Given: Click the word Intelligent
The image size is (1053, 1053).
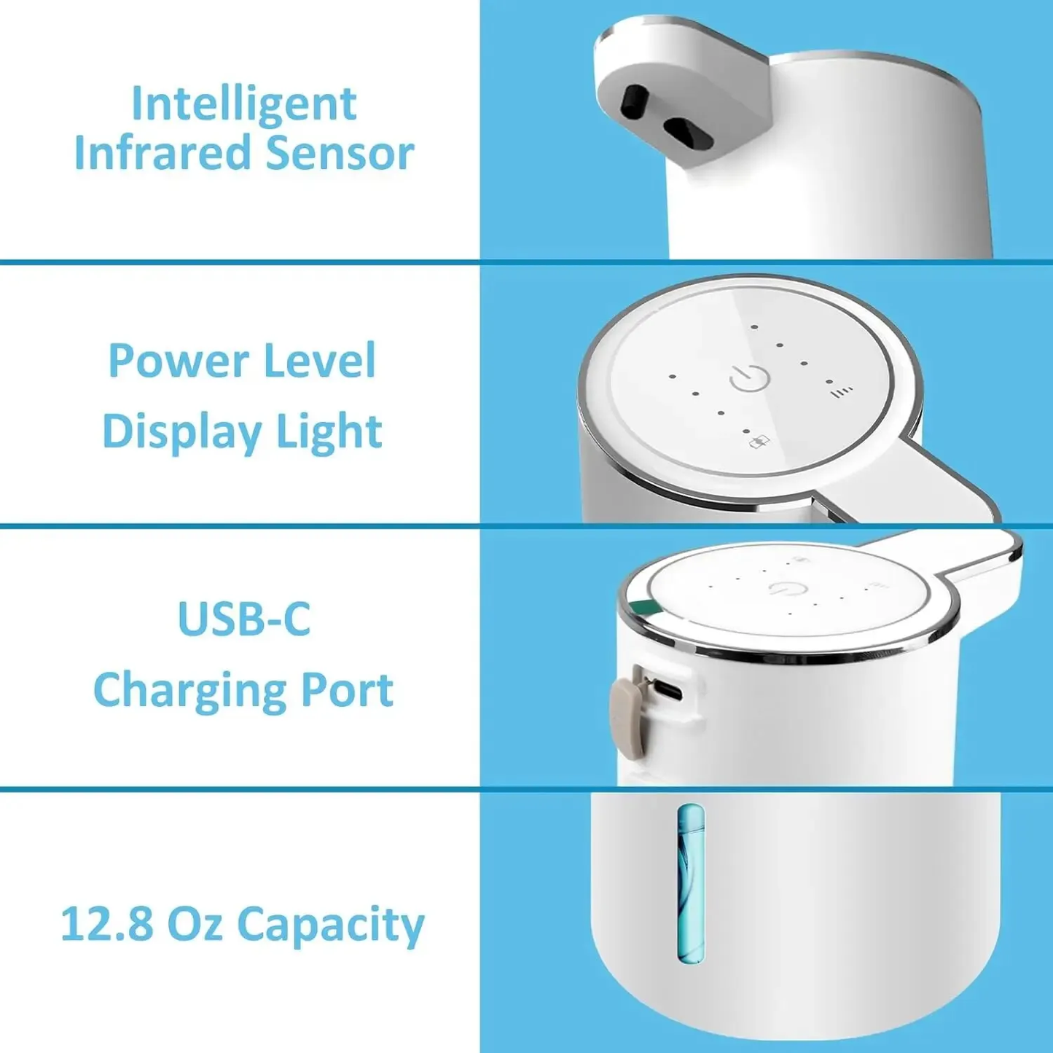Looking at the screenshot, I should [243, 104].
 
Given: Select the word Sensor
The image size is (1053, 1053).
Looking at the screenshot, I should [340, 154].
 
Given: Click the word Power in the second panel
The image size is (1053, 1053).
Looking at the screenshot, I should [179, 361].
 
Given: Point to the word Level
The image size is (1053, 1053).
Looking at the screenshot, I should [319, 361].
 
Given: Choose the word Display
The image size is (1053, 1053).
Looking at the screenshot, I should [181, 431].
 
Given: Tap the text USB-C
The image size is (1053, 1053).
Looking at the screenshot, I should [243, 619].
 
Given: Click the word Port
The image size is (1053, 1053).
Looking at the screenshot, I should [347, 690].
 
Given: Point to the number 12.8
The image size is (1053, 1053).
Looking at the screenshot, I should [106, 924].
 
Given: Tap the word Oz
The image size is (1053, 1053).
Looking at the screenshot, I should [195, 924].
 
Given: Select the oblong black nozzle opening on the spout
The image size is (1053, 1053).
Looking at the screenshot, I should [689, 133].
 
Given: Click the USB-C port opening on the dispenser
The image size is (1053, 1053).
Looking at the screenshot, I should [669, 690].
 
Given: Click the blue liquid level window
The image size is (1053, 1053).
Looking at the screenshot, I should [690, 882].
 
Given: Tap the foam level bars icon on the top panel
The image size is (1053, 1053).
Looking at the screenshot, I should [842, 392].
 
